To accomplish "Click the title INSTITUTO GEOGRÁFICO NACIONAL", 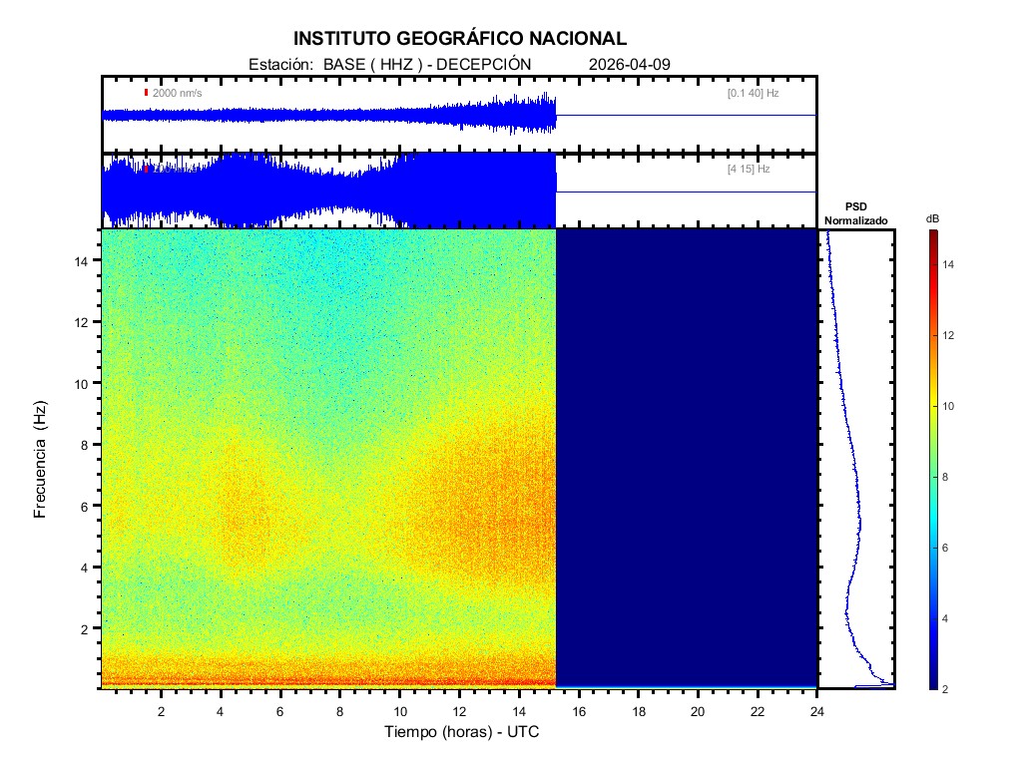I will click(460, 39).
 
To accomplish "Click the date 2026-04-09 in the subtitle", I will click(630, 64).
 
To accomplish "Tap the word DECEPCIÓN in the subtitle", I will click(484, 64).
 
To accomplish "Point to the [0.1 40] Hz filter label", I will click(753, 93).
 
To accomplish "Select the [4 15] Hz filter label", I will click(749, 170).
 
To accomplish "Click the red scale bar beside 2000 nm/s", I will click(146, 93).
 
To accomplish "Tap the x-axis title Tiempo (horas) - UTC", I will click(461, 731).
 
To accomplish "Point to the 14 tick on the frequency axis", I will click(86, 260).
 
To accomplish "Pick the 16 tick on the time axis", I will click(579, 711).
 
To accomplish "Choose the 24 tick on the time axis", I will click(817, 711).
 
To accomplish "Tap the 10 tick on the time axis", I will click(400, 711).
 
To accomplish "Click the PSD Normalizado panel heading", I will click(855, 213).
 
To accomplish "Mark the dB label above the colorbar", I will click(932, 218).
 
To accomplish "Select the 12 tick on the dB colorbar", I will click(951, 335).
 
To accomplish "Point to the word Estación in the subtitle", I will click(280, 64).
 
